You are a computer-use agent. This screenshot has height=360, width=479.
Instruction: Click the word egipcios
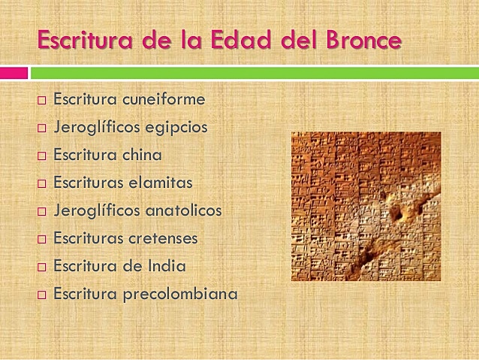click(176, 127)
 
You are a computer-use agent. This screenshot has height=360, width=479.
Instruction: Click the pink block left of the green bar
click(14, 73)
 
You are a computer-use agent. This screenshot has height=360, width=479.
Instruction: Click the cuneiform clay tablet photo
click(366, 206)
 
